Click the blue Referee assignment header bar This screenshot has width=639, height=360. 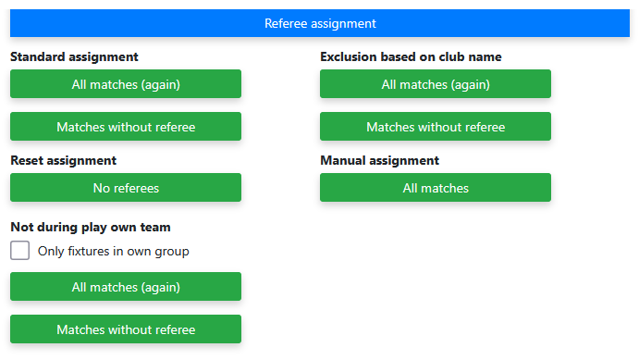coord(320,23)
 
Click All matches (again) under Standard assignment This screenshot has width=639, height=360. coord(126,84)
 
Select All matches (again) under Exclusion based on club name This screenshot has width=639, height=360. coord(436,84)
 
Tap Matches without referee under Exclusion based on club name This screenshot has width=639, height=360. coord(436,127)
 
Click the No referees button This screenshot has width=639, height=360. coord(126,188)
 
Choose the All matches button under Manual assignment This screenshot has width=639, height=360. coord(436,188)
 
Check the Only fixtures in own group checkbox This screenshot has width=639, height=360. coord(20,250)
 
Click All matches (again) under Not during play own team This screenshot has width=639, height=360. coord(126,287)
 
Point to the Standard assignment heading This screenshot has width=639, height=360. coord(74,56)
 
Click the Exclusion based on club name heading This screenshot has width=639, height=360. coord(411,56)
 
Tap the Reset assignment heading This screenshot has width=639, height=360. coord(64,161)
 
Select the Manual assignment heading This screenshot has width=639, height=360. coord(380,161)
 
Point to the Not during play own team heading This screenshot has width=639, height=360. coord(91,227)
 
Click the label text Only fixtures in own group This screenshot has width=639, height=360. coord(114,251)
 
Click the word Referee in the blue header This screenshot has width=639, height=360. coord(286,23)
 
